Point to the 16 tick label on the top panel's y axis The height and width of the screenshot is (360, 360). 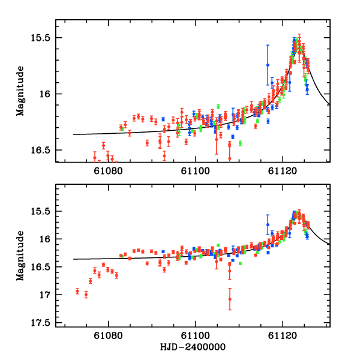click(x=47, y=94)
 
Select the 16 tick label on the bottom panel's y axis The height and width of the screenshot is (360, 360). click(x=47, y=239)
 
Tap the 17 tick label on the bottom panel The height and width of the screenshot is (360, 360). click(x=47, y=295)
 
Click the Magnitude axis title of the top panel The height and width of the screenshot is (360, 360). click(x=20, y=91)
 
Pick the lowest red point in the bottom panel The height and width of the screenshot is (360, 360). click(x=230, y=299)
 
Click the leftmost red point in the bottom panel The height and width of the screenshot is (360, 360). click(x=77, y=291)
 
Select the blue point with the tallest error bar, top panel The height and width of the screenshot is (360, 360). click(x=268, y=65)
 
